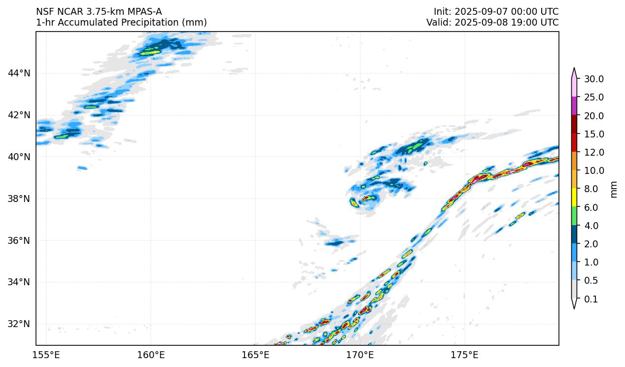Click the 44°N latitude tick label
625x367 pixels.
pos(19,73)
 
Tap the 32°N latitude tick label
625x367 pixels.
pos(19,324)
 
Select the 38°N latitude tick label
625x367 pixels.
pos(19,199)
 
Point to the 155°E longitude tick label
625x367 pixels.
pos(46,355)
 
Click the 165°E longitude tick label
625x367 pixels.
pos(255,355)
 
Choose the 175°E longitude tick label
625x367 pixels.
pos(465,355)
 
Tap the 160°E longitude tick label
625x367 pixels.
pos(151,355)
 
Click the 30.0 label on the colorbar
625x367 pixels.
pos(594,79)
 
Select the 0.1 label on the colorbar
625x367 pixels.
pos(591,299)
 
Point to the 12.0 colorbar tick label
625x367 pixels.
pos(594,152)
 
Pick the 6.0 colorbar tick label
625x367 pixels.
pos(591,207)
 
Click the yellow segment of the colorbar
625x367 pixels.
pos(574,198)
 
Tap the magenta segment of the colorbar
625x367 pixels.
pos(574,106)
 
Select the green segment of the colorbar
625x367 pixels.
pos(574,216)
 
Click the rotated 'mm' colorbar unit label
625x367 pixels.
pos(614,189)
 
